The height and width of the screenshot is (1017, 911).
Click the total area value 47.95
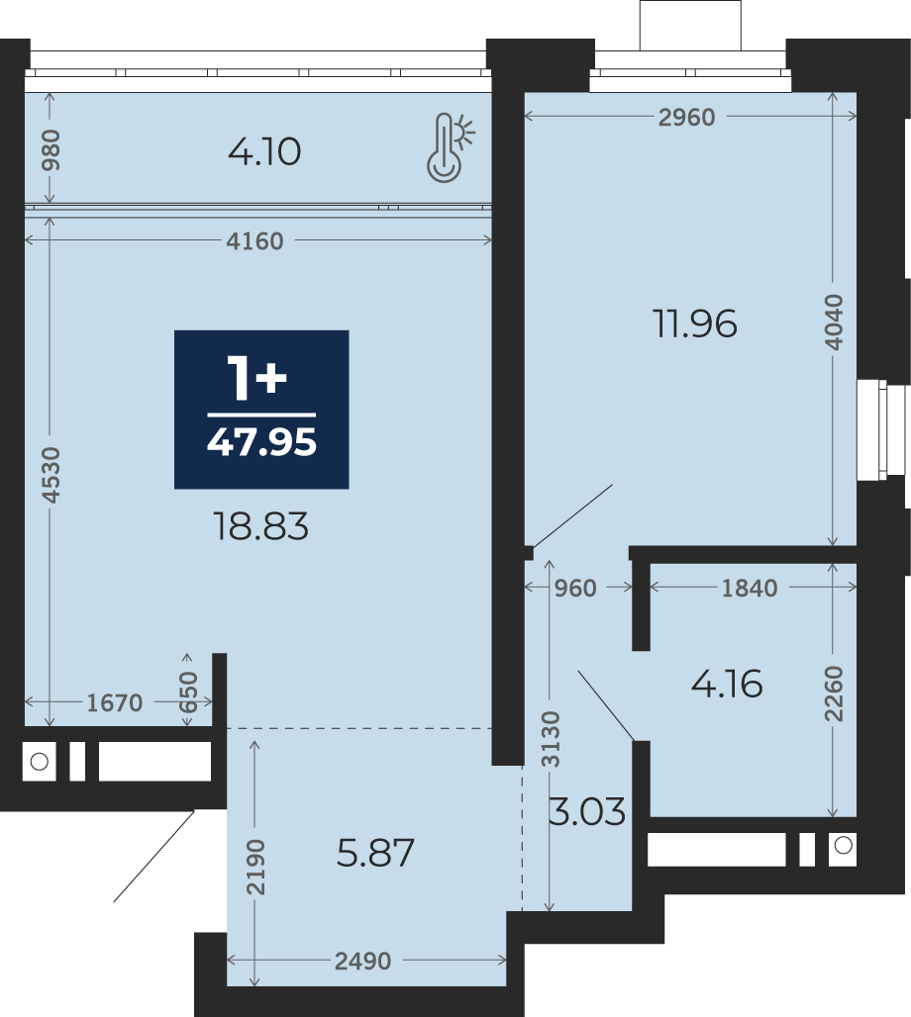[x=261, y=442]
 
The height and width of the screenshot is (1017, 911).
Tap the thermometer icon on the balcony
[x=450, y=146]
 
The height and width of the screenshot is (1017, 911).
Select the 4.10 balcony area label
[x=264, y=152]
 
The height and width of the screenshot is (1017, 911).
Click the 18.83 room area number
[x=261, y=526]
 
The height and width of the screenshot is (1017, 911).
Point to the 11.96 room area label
[x=695, y=324]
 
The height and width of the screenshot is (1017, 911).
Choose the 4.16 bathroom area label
[x=727, y=684]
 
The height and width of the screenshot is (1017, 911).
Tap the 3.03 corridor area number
[x=587, y=811]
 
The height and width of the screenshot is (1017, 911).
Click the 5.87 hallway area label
[x=375, y=853]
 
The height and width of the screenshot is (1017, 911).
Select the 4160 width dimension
[x=254, y=241]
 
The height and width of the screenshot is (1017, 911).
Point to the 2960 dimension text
[x=686, y=118]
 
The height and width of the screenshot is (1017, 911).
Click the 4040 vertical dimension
[x=835, y=323]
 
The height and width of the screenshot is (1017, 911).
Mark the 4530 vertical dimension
[x=50, y=475]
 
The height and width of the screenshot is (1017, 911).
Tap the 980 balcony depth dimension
[x=50, y=150]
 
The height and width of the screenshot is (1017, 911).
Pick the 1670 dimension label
[x=114, y=702]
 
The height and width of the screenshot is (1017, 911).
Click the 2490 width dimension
[x=362, y=961]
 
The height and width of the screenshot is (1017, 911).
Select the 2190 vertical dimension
[x=255, y=868]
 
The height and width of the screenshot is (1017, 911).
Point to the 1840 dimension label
[x=750, y=589]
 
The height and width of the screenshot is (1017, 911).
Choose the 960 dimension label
[x=575, y=589]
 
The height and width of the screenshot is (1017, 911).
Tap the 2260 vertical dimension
[x=834, y=693]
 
